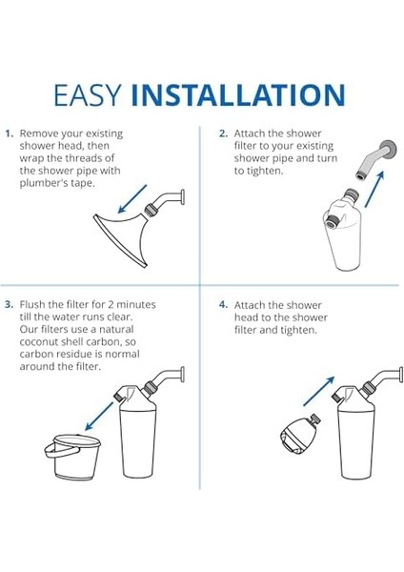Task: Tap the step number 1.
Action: pos(9,134)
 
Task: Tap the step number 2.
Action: pos(223,134)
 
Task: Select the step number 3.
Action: pos(9,304)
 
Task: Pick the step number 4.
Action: pos(223,304)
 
